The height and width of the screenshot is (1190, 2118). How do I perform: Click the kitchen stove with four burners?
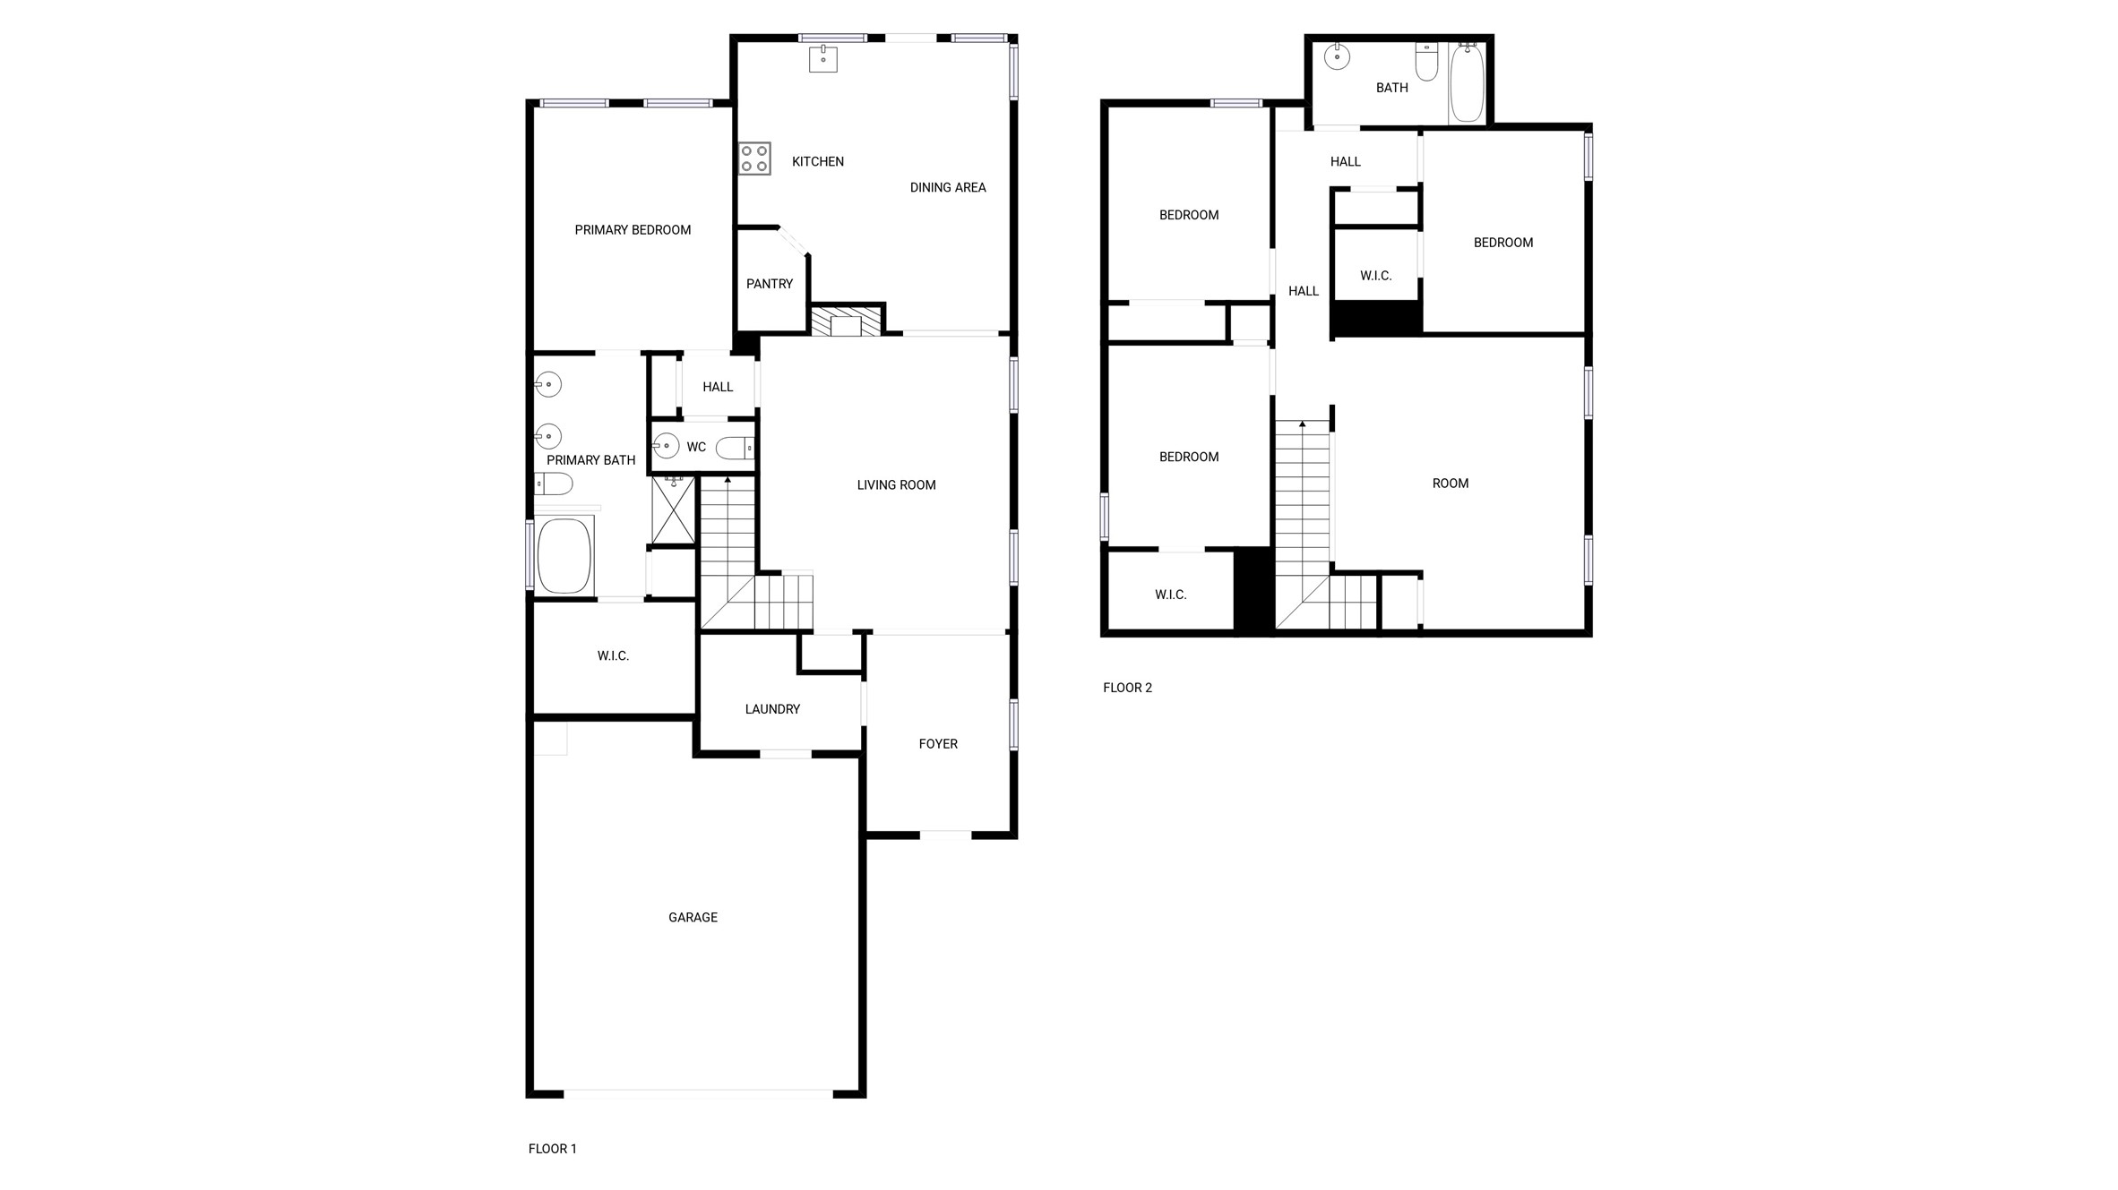(754, 158)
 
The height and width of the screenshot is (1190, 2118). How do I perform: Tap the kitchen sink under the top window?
(822, 59)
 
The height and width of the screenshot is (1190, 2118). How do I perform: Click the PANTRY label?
(770, 284)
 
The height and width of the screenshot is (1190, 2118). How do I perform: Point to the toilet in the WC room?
(736, 448)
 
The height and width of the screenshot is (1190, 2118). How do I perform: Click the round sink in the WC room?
(666, 445)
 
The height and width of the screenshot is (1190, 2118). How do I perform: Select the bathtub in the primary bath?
(564, 555)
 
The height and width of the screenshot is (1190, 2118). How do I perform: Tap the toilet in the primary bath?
(554, 484)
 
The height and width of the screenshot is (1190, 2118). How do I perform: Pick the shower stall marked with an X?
(673, 511)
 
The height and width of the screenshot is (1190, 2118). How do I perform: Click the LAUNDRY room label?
(772, 709)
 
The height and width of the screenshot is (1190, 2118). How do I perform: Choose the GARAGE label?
(693, 917)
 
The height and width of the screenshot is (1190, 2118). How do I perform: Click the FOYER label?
(938, 744)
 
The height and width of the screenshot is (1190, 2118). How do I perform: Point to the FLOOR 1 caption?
(552, 1149)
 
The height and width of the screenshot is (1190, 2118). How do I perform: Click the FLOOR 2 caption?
(1127, 688)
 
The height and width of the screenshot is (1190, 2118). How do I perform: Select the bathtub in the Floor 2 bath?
(1467, 83)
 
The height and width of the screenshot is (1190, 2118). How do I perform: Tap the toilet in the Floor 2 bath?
(1426, 61)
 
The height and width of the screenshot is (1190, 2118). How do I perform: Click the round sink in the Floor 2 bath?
(1337, 57)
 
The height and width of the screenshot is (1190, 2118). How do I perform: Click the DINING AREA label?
(948, 187)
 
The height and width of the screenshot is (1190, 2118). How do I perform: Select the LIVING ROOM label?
(896, 485)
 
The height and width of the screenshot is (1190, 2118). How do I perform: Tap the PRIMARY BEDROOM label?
(633, 230)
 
